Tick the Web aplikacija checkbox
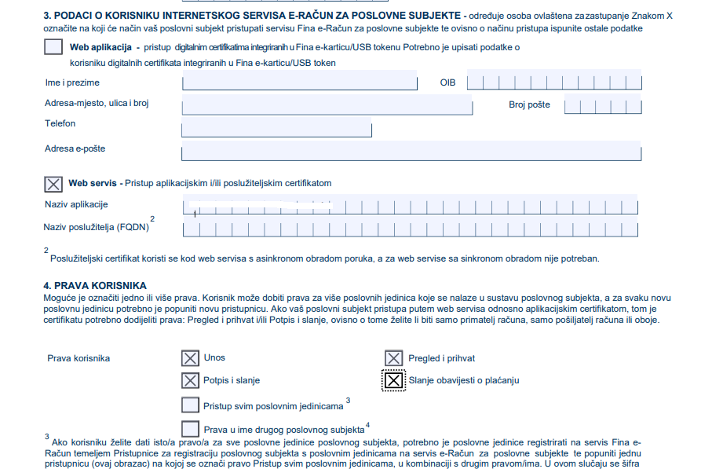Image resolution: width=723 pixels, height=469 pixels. coord(53,47)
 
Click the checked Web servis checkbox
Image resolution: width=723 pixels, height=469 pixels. coord(53,184)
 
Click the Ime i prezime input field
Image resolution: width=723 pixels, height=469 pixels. coord(299,82)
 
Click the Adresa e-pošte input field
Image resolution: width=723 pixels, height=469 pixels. coord(412,152)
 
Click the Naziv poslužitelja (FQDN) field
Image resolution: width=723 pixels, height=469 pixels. coord(412,229)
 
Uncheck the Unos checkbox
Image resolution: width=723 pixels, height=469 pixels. coord(190,358)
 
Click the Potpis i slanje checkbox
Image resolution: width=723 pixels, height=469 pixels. coord(190,380)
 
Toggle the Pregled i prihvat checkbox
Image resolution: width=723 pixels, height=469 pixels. coord(394,359)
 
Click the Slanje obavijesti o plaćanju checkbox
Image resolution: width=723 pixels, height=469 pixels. coord(394,380)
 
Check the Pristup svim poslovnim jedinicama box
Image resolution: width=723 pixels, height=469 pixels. coord(190,405)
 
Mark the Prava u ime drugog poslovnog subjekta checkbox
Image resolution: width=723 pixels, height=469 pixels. coord(190,429)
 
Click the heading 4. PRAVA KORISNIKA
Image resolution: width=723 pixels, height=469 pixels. coord(95,285)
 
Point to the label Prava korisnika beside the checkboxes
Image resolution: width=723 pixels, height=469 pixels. coord(79,358)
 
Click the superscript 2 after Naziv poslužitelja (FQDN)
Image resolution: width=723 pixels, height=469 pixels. coord(152,218)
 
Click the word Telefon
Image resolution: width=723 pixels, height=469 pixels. coord(60,123)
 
